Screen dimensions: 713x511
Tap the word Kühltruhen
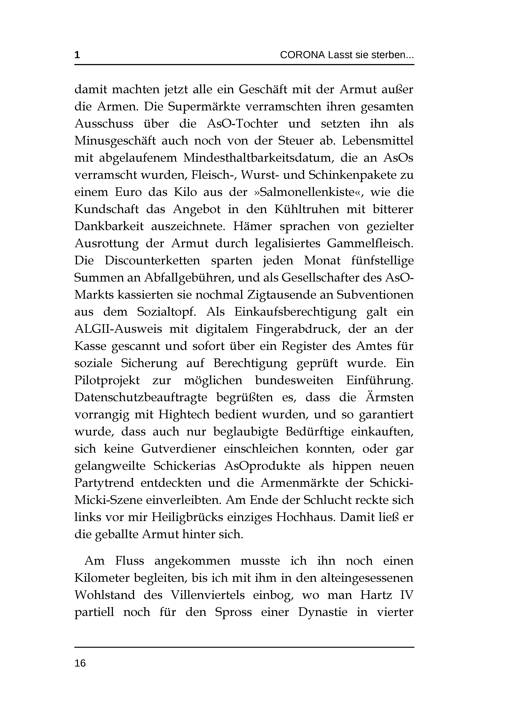pyautogui.click(x=307, y=209)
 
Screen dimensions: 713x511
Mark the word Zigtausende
pyautogui.click(x=290, y=295)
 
